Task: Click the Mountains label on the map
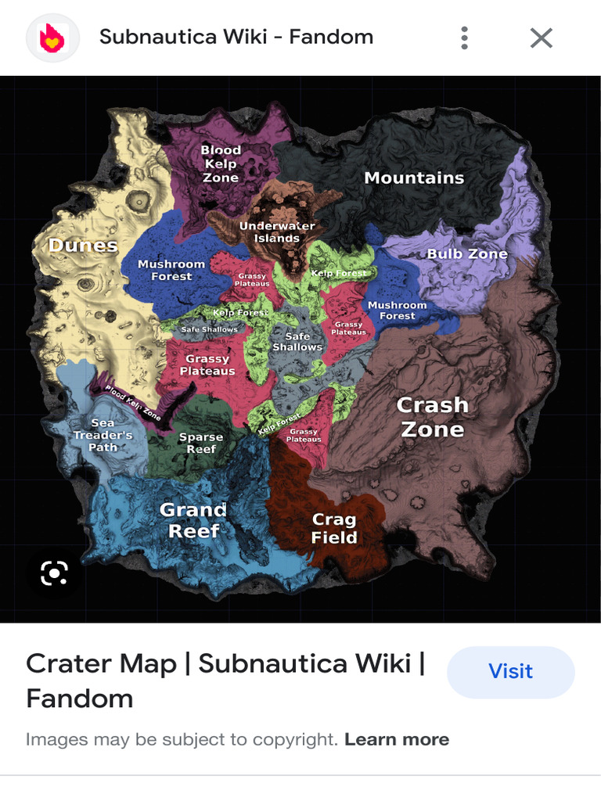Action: pyautogui.click(x=414, y=178)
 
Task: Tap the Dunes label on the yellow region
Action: pyautogui.click(x=83, y=246)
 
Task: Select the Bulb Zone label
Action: pyautogui.click(x=467, y=253)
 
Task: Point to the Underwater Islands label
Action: pyautogui.click(x=277, y=232)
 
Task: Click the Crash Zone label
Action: pyautogui.click(x=432, y=417)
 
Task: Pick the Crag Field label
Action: pyautogui.click(x=334, y=528)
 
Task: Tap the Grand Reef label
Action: pyautogui.click(x=193, y=520)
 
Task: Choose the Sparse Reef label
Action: pyautogui.click(x=201, y=443)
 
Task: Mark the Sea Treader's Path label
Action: pyautogui.click(x=103, y=435)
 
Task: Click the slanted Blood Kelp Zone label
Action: pyautogui.click(x=133, y=403)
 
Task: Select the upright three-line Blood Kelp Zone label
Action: pyautogui.click(x=221, y=163)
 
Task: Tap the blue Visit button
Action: pyautogui.click(x=510, y=671)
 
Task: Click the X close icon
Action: pyautogui.click(x=542, y=38)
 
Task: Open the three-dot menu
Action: pyautogui.click(x=465, y=38)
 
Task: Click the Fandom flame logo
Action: pyautogui.click(x=52, y=37)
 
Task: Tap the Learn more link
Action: pyautogui.click(x=397, y=739)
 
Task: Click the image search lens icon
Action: pyautogui.click(x=54, y=573)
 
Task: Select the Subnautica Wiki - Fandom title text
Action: pyautogui.click(x=236, y=37)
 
